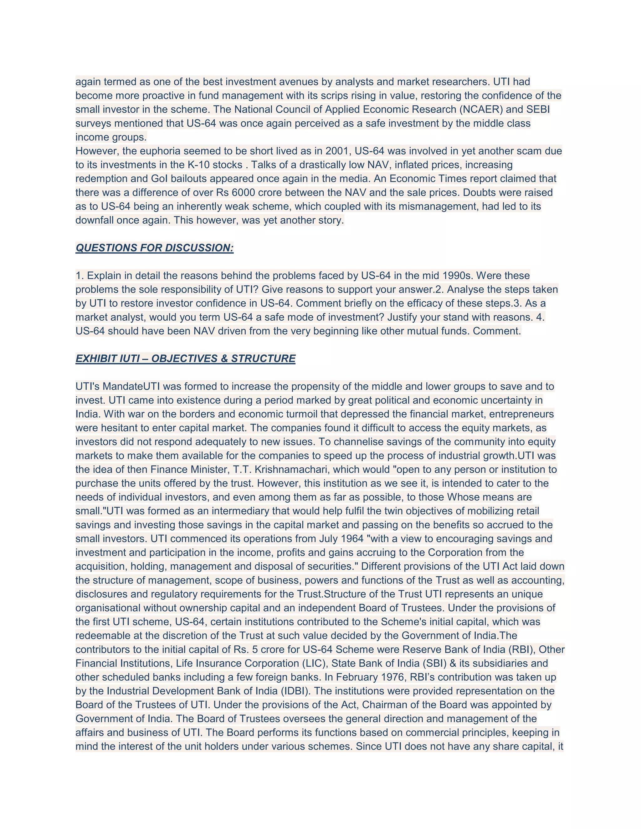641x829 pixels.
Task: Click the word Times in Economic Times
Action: coord(455,179)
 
